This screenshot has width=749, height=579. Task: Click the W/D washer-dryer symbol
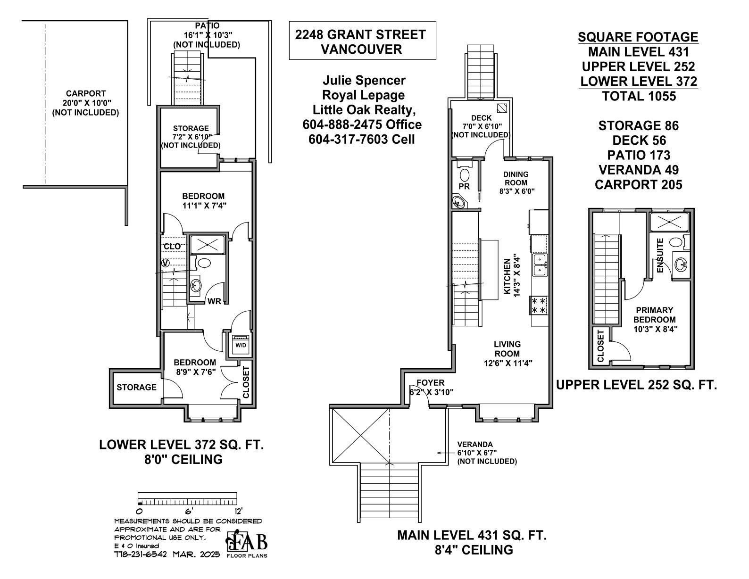241,345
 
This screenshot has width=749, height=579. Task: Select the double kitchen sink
540,265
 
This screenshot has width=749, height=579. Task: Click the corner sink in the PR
459,201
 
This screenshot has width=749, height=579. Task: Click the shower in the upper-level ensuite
669,222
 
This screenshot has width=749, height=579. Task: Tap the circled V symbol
166,263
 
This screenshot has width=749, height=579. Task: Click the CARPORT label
86,93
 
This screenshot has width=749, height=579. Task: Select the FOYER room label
431,383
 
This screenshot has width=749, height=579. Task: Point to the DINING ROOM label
516,178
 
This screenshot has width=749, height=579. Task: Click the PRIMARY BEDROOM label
655,315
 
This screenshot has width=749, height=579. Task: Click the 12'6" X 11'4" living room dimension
508,363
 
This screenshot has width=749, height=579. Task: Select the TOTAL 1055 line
639,96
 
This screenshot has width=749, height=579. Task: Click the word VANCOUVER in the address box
362,49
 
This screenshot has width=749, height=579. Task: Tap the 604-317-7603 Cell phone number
362,139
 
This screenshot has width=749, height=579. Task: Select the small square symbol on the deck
501,108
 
